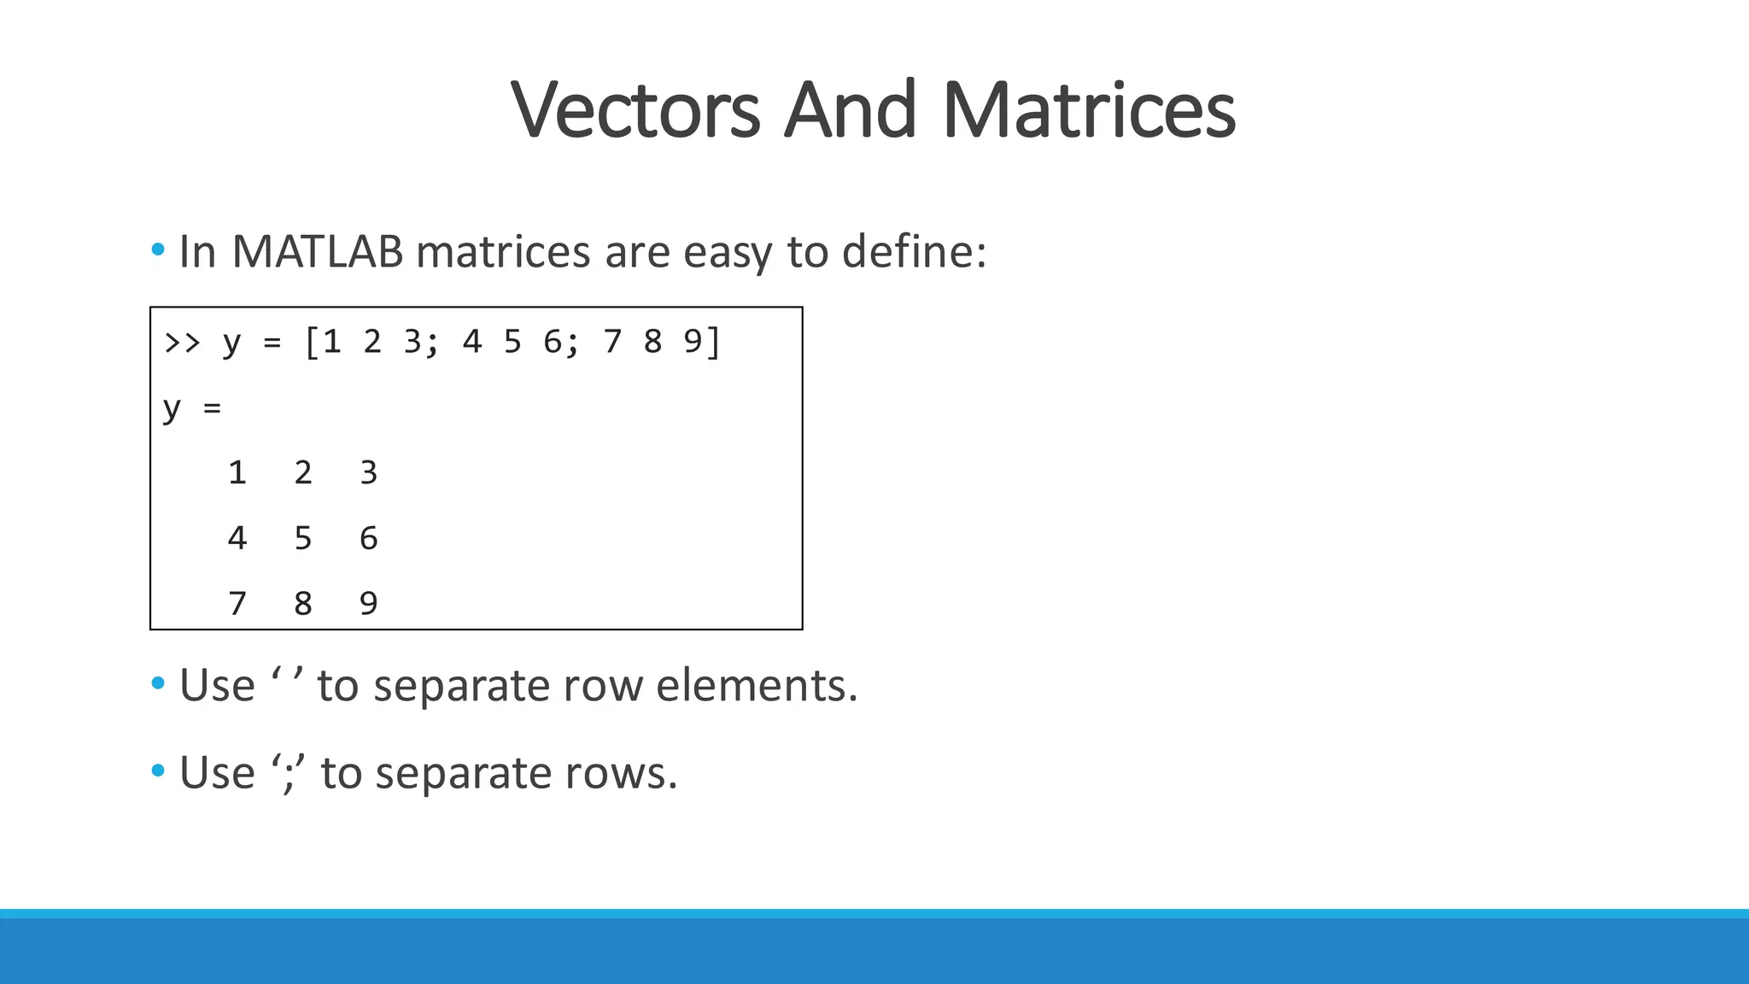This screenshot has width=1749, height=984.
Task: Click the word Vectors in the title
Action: (635, 111)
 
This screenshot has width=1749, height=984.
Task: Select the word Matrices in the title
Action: (1089, 111)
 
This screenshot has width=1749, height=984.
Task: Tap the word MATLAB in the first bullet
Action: (317, 252)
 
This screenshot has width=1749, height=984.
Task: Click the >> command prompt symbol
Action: (182, 343)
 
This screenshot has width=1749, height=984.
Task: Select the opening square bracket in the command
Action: (311, 343)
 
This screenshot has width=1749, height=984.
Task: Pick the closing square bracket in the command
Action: (714, 343)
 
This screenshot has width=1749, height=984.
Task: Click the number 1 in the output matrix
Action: (237, 472)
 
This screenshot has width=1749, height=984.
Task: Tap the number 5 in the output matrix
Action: (303, 538)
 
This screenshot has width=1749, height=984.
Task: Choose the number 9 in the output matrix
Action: (369, 604)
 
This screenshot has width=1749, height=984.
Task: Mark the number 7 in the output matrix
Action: (237, 604)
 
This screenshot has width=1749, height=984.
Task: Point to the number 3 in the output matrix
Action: (369, 472)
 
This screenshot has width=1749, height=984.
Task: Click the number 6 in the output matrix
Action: (369, 538)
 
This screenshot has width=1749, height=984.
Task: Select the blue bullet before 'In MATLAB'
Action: (158, 250)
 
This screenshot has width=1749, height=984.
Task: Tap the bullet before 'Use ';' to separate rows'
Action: (158, 771)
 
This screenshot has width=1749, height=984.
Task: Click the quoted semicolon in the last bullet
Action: (289, 774)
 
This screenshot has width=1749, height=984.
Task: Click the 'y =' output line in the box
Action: (192, 408)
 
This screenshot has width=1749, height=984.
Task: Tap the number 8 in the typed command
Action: (652, 343)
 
